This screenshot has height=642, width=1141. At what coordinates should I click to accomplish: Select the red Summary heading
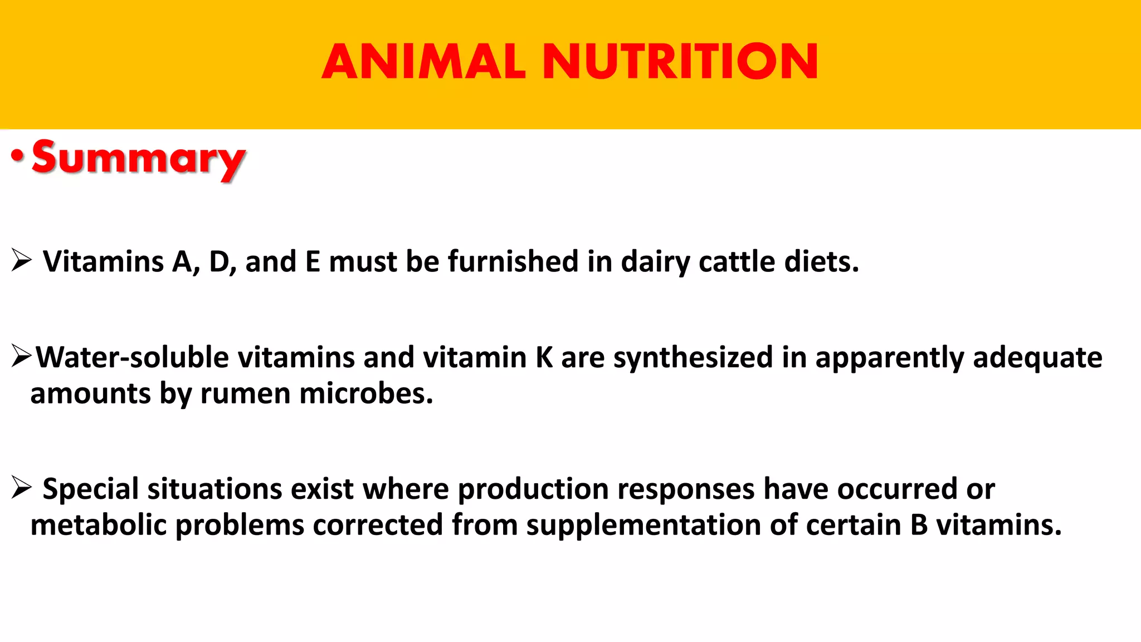(138, 158)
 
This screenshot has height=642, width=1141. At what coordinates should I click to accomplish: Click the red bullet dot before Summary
(17, 157)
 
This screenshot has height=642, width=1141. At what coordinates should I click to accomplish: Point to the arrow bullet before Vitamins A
(21, 260)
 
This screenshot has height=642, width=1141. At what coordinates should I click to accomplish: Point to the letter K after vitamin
(544, 357)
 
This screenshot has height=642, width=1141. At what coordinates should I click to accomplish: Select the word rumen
(245, 393)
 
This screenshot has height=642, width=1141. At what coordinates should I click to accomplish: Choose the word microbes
(366, 393)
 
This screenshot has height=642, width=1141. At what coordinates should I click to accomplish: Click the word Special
(91, 489)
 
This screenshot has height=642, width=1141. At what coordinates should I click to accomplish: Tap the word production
(533, 489)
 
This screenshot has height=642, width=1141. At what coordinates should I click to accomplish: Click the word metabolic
(99, 525)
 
